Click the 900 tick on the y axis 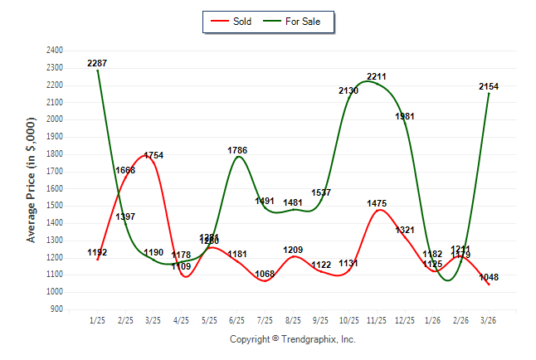tap(56, 309)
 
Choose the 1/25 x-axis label tap(97, 320)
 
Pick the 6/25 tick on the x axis tap(237, 320)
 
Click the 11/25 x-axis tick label tap(378, 320)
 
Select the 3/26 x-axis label tap(489, 320)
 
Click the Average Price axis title tap(32, 180)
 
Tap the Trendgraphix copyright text tap(292, 339)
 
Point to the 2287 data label tap(97, 63)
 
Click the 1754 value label tap(153, 155)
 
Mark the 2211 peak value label tap(377, 76)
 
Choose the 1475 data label tap(377, 203)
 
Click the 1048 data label tap(488, 277)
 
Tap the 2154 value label tap(488, 86)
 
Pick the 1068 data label tap(265, 274)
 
